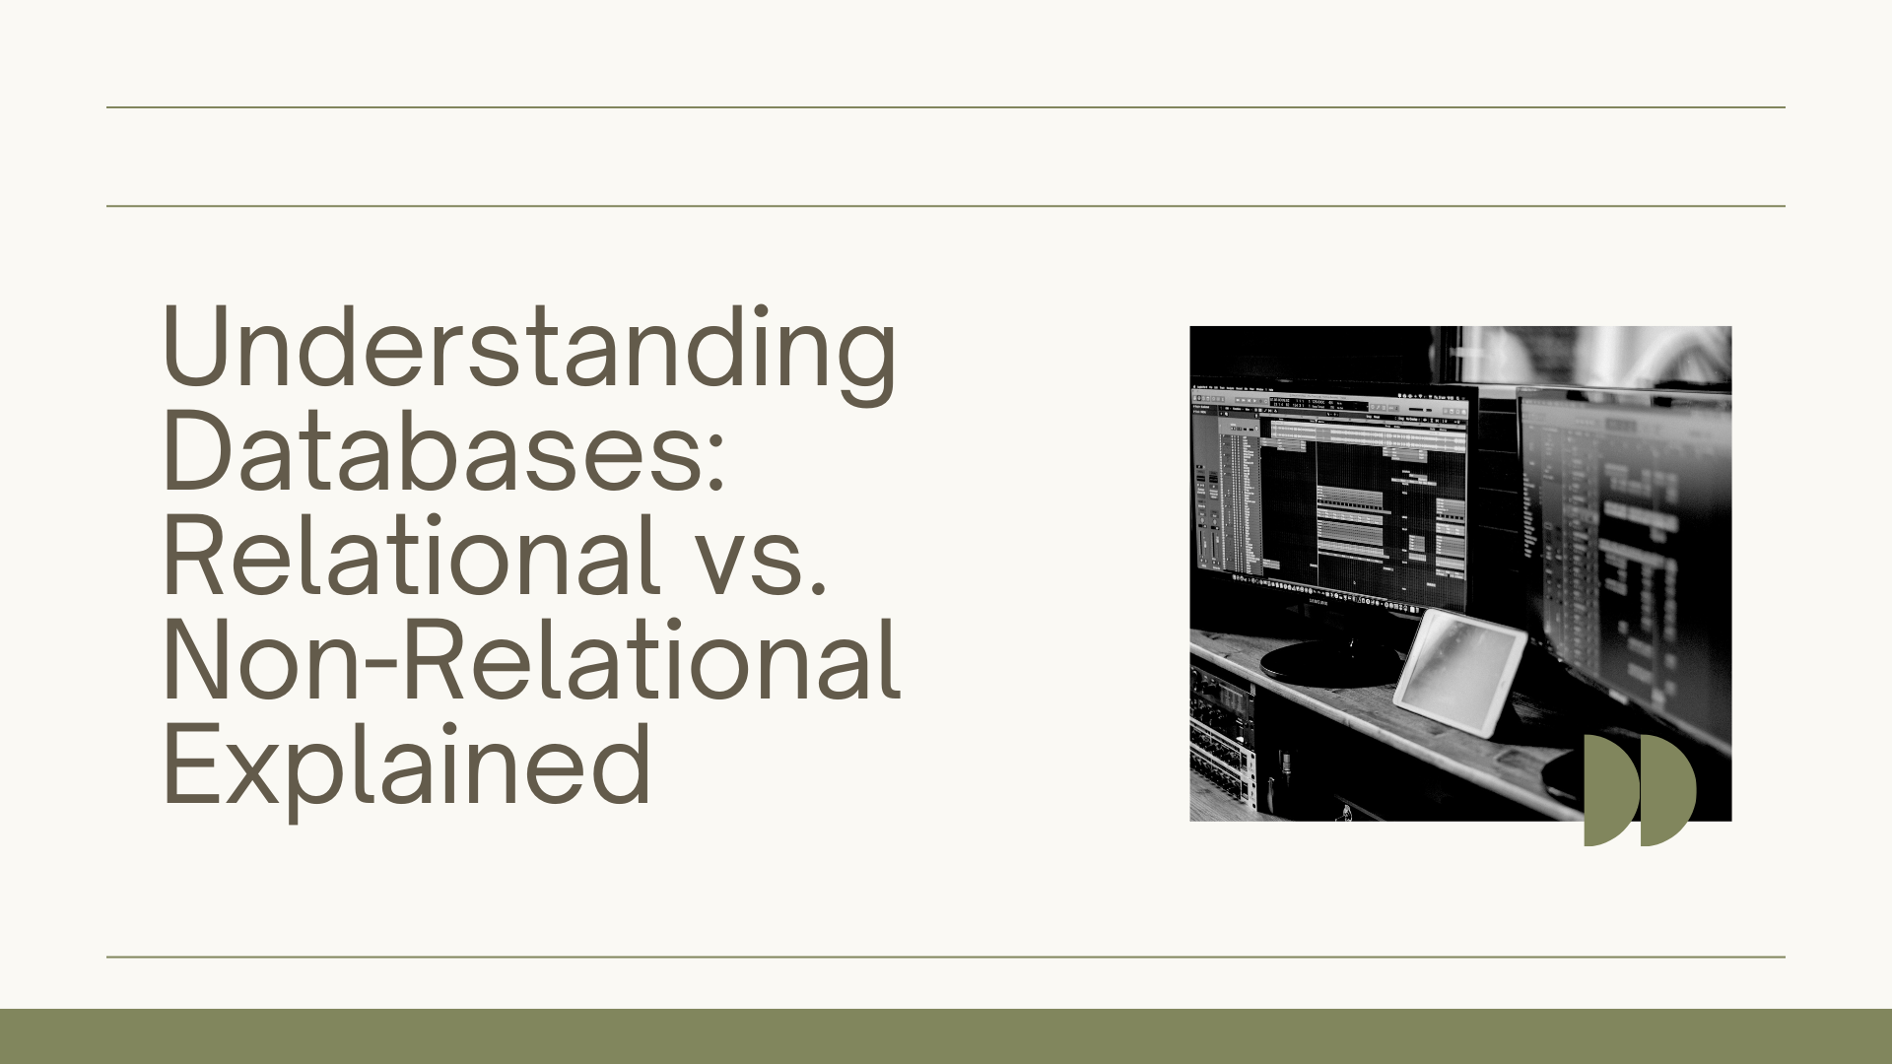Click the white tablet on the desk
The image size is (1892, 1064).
[x=1459, y=673]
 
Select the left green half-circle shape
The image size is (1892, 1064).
[x=1610, y=790]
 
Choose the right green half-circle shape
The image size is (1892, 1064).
[x=1666, y=790]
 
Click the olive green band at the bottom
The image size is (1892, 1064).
[x=946, y=1036]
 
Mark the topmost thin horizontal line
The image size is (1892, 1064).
[x=946, y=107]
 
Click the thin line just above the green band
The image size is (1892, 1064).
[x=946, y=957]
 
